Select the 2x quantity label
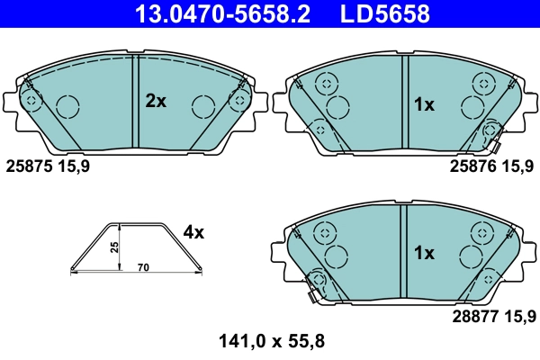pyautogui.click(x=157, y=102)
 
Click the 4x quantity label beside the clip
pyautogui.click(x=193, y=232)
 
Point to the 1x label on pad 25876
pyautogui.click(x=424, y=104)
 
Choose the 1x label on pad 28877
pyautogui.click(x=424, y=253)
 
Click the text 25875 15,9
pyautogui.click(x=48, y=166)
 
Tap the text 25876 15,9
pyautogui.click(x=491, y=166)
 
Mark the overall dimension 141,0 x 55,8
pyautogui.click(x=271, y=341)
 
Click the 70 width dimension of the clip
pyautogui.click(x=143, y=268)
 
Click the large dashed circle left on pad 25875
pyautogui.click(x=68, y=107)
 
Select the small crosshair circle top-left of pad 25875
pyautogui.click(x=31, y=98)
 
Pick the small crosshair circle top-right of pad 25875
pyautogui.click(x=238, y=98)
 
